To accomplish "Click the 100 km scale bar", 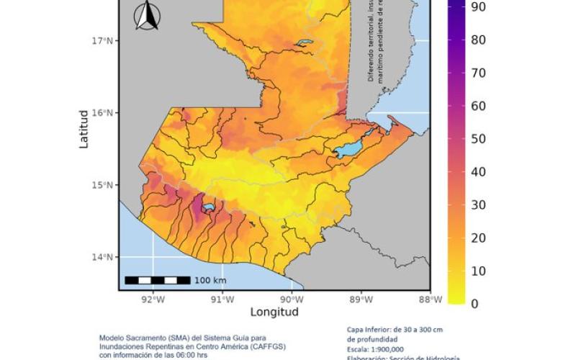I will coord(158,280).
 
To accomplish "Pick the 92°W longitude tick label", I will coord(152,300).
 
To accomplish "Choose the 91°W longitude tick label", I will coord(222,300).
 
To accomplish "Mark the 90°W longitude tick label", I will coord(291,300).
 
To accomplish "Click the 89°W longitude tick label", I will coord(361,300).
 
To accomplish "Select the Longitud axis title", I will coord(274,312).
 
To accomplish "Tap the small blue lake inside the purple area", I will coord(209,207).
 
